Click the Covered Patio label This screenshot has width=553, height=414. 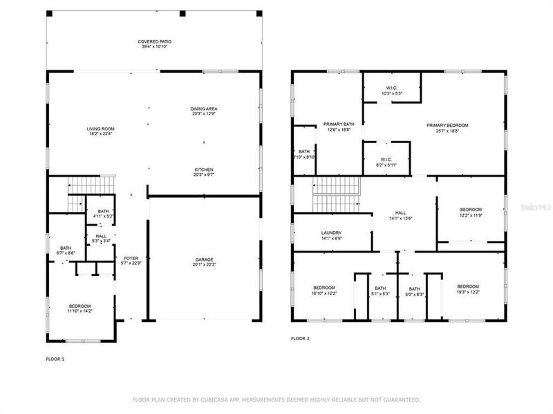pos(154,45)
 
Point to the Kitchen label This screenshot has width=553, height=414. pos(203,172)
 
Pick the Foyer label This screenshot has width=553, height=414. pos(130,260)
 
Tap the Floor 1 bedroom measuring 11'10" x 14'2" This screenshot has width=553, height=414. pos(79,308)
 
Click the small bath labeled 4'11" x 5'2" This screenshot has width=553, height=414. pos(103,214)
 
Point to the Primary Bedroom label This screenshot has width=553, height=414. pos(447,128)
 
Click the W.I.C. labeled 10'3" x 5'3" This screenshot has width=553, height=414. pos(392,90)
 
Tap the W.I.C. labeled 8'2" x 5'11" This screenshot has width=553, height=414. pos(386,162)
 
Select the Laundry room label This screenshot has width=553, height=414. pos(332,235)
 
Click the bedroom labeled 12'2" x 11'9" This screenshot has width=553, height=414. pos(471,212)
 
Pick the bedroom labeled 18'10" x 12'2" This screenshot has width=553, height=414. pos(324,290)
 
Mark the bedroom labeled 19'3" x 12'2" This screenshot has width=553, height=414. pos(467,289)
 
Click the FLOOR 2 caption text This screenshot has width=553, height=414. pos(300,339)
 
